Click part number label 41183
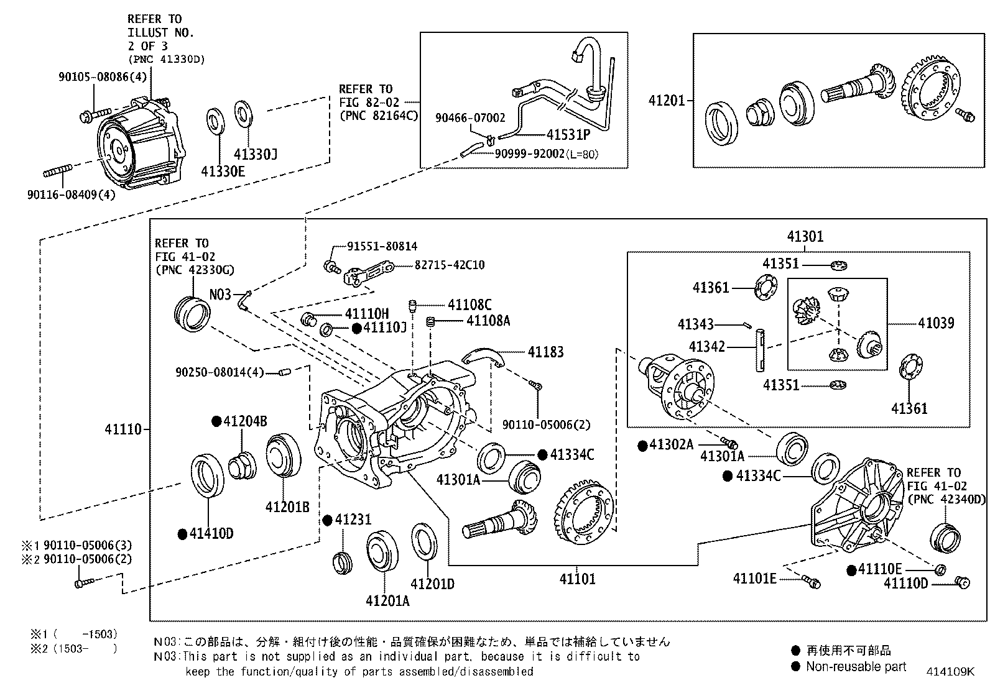546,352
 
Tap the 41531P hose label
568,134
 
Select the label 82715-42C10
450,265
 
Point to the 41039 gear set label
936,323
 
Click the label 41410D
211,534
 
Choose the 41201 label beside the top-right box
667,101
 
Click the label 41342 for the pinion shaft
707,347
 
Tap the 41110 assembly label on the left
123,429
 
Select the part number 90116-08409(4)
71,195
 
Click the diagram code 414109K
950,672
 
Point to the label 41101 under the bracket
577,579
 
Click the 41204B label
245,421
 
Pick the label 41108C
470,305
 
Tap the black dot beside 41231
327,520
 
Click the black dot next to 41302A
642,446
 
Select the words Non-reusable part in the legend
856,667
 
